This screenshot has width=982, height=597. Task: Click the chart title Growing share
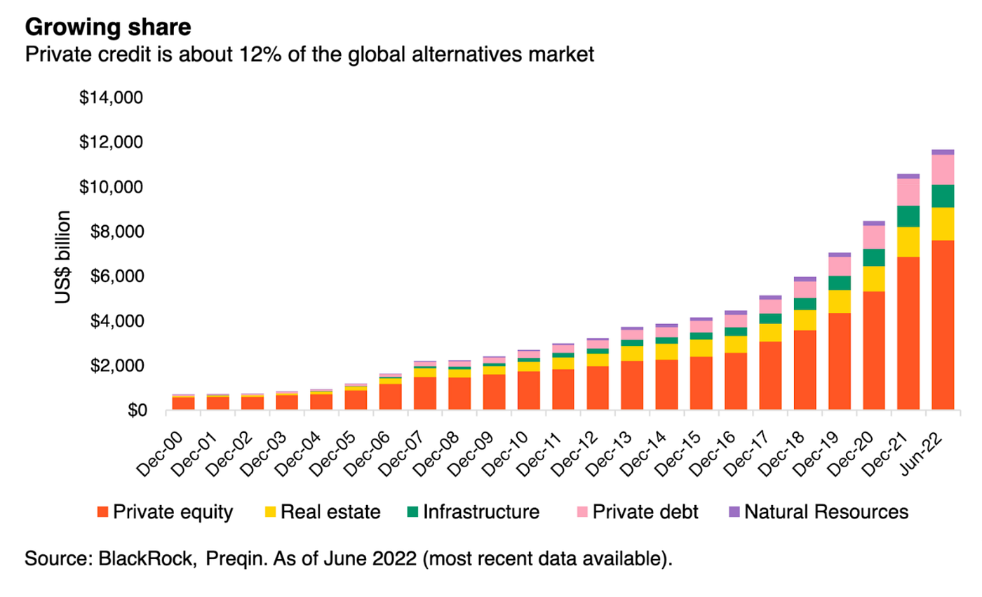[109, 29]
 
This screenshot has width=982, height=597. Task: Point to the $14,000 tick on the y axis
[111, 98]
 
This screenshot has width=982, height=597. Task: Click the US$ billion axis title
[64, 257]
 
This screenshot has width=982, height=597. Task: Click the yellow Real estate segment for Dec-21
[908, 241]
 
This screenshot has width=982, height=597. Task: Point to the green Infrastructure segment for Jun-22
[943, 196]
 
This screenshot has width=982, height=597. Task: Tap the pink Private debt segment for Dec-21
[908, 192]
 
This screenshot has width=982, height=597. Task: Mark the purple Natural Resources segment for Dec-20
[874, 223]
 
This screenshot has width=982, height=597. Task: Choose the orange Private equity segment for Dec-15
[701, 383]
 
